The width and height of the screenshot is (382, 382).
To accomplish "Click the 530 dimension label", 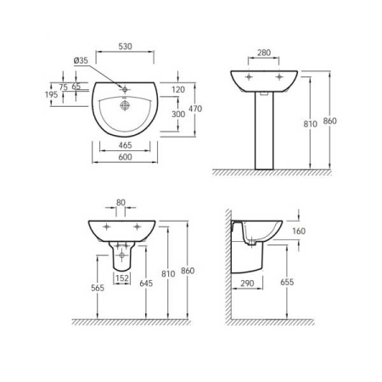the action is pyautogui.click(x=125, y=47).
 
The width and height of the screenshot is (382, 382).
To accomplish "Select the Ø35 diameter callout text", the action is pyautogui.click(x=81, y=60).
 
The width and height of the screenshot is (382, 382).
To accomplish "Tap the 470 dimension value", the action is pyautogui.click(x=195, y=109).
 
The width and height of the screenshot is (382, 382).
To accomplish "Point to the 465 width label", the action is pyautogui.click(x=125, y=145).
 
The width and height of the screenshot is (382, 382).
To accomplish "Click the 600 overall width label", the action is pyautogui.click(x=125, y=157).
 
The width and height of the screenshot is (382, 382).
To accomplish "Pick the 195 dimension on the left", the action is pyautogui.click(x=51, y=94).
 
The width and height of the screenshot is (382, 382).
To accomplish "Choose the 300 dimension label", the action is pyautogui.click(x=178, y=114).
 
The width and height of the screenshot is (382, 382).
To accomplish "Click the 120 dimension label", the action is pyautogui.click(x=178, y=90).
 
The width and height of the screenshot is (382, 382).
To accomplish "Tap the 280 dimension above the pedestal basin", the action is pyautogui.click(x=264, y=53).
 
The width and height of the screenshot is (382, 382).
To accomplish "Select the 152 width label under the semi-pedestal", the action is pyautogui.click(x=122, y=278).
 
